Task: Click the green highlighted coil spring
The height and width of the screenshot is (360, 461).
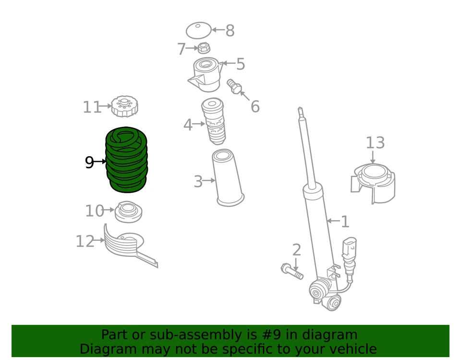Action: [x=126, y=160]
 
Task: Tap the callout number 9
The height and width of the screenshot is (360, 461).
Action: [x=89, y=162]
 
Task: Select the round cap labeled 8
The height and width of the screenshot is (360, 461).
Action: [x=199, y=30]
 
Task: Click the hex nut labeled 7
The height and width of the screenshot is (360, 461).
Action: [x=204, y=48]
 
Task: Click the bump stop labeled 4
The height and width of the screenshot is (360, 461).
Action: [x=214, y=122]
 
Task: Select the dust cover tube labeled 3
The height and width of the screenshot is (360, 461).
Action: [x=228, y=178]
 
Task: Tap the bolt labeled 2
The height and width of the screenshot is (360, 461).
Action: [x=291, y=271]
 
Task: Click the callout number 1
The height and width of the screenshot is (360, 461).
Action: [x=345, y=222]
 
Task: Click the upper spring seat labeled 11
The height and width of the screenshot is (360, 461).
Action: [x=124, y=106]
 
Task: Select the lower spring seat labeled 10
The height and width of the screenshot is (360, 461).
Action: [x=128, y=211]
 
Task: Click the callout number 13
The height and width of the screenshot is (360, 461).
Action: [x=375, y=143]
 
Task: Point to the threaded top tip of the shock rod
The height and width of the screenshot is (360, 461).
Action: [x=300, y=112]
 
